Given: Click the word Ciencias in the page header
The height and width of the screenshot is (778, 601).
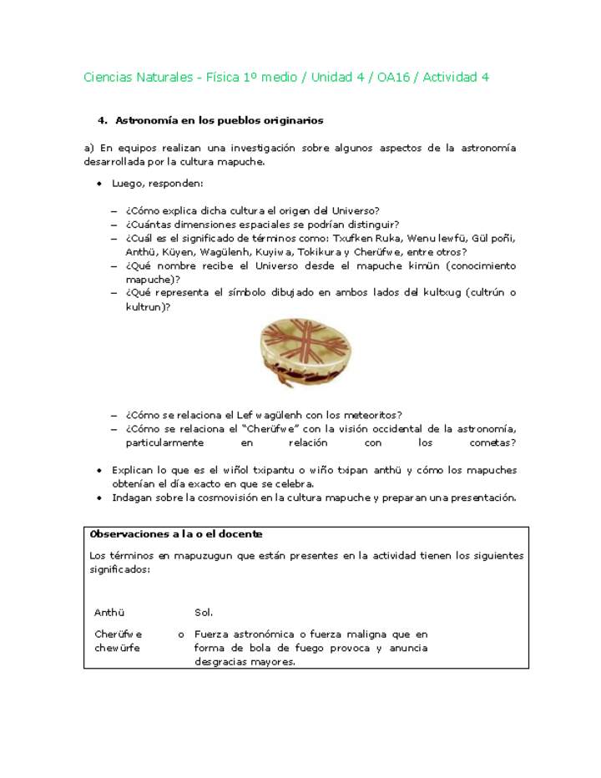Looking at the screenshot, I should [107, 78].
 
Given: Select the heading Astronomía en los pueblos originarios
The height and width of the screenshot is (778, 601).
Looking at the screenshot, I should [219, 121].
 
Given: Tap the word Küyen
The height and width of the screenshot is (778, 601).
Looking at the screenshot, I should [178, 252].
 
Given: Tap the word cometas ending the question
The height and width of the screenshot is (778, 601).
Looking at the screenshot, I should [491, 442].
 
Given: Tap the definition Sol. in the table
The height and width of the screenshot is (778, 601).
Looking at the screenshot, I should [205, 613].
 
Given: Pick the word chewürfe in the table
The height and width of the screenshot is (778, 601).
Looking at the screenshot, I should [117, 648].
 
